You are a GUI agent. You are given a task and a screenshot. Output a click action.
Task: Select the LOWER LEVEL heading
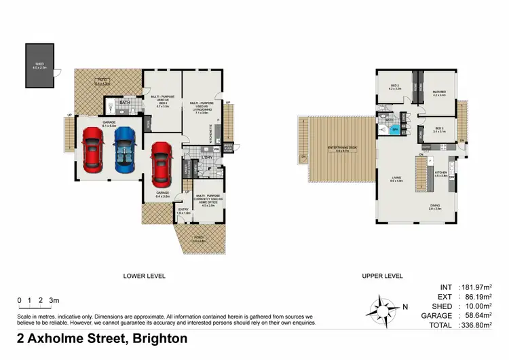click(144, 276)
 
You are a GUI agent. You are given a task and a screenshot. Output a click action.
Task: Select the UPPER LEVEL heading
click(381, 276)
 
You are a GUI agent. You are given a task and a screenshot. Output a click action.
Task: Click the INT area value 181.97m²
click(476, 287)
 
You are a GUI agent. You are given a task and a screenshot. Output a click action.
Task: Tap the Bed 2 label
click(396, 86)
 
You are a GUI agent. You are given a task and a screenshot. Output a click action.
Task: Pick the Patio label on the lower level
click(102, 81)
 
